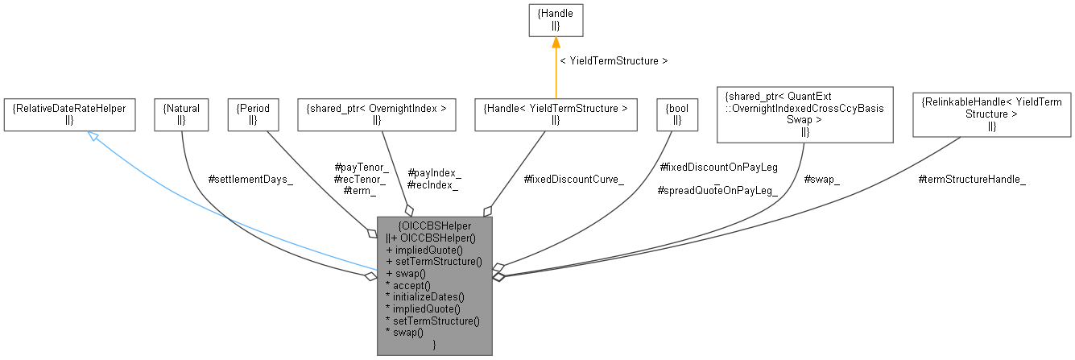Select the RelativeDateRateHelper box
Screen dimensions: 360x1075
coord(68,114)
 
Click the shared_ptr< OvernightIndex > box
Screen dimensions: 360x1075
coord(377,114)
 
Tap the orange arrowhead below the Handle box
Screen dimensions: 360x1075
coord(556,43)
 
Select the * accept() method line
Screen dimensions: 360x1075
coord(409,285)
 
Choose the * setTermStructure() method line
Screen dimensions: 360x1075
coord(433,320)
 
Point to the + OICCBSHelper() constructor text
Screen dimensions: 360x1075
coord(436,238)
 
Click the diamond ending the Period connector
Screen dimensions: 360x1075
coord(372,233)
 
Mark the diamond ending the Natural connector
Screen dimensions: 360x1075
coord(370,276)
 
